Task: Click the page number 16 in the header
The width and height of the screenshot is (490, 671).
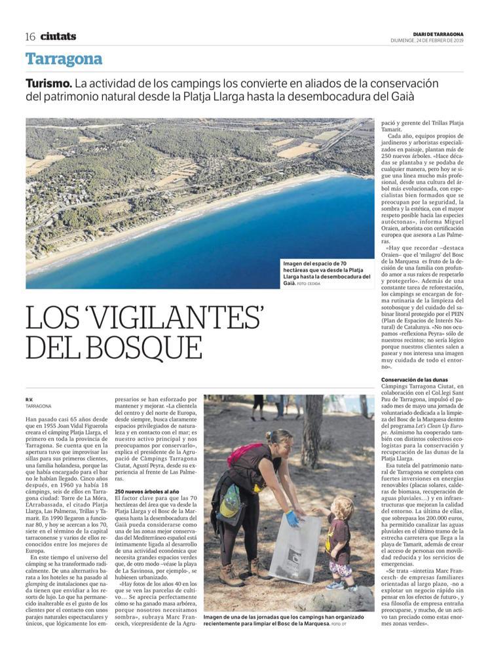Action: coord(30,36)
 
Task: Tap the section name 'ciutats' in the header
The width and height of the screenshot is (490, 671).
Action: coord(58,36)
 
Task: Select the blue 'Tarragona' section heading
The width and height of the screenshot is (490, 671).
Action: coord(64,59)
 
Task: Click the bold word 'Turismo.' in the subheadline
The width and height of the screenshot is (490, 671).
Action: coord(48,84)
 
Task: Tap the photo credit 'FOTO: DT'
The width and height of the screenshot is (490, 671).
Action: coord(337,624)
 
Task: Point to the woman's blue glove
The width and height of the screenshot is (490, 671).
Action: coord(292,518)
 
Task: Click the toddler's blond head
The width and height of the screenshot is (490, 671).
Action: coord(341,507)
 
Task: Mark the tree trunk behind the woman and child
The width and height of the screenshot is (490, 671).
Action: coord(312,426)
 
